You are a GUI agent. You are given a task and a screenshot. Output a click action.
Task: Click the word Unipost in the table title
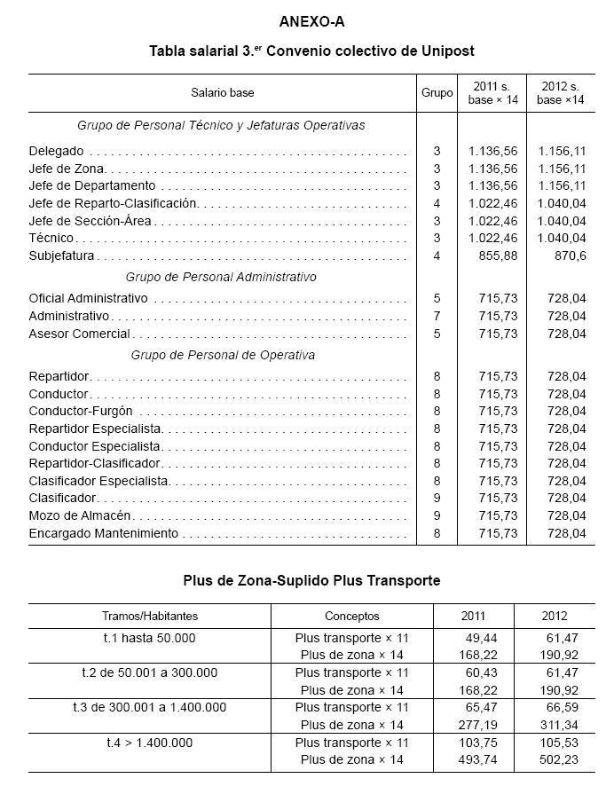(440, 51)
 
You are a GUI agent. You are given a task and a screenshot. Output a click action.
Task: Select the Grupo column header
(437, 92)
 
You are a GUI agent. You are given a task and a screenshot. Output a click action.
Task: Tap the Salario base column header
(222, 92)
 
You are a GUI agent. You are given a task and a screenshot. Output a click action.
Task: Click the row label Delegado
(56, 152)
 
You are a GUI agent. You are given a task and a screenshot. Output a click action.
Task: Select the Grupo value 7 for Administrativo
(437, 316)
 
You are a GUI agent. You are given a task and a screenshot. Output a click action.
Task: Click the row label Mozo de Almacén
(80, 515)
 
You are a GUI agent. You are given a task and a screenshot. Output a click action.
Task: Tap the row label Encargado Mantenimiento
(103, 533)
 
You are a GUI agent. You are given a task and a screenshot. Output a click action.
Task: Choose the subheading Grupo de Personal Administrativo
(221, 277)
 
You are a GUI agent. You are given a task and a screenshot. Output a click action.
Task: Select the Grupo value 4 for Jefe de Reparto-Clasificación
(437, 203)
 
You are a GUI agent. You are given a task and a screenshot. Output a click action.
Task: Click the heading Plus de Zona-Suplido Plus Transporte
(311, 580)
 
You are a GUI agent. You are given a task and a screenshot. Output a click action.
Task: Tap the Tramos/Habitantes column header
(149, 616)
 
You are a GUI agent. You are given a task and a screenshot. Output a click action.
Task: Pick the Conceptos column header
(351, 616)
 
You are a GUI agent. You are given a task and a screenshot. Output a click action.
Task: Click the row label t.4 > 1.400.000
(149, 743)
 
